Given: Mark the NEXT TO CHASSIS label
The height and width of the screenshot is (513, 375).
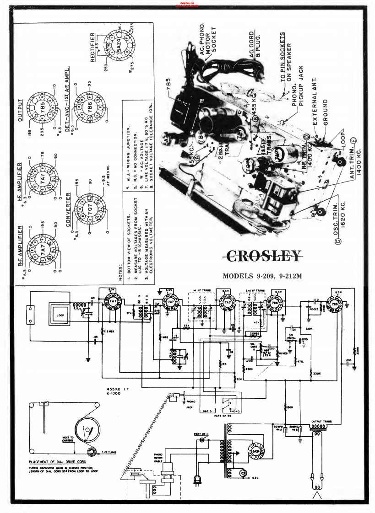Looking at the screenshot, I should (x=61, y=439).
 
